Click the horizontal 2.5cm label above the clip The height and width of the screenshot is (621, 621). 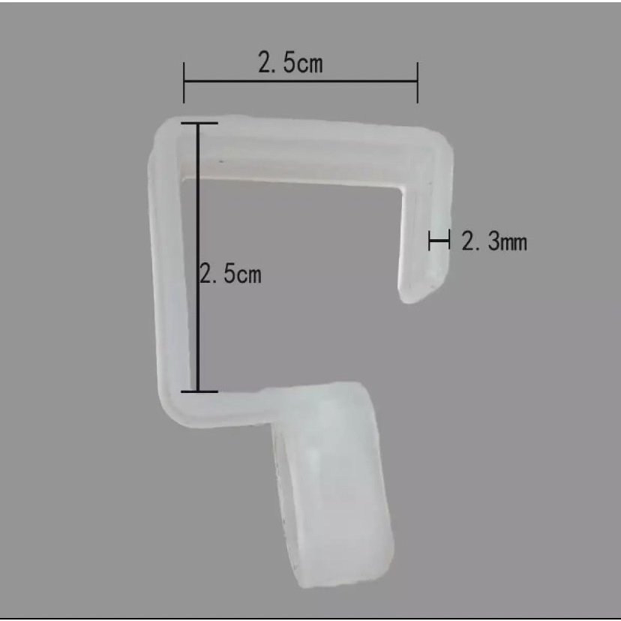tap(290, 62)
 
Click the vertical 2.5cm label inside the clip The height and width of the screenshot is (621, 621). tap(230, 273)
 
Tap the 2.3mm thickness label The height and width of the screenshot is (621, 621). tap(494, 241)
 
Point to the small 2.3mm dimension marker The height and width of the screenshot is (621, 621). tap(439, 240)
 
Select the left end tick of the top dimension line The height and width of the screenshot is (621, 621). tap(184, 82)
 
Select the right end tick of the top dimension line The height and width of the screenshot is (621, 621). tap(418, 82)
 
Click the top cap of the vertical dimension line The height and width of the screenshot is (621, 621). tap(199, 123)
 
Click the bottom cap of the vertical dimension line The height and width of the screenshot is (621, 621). tap(199, 391)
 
